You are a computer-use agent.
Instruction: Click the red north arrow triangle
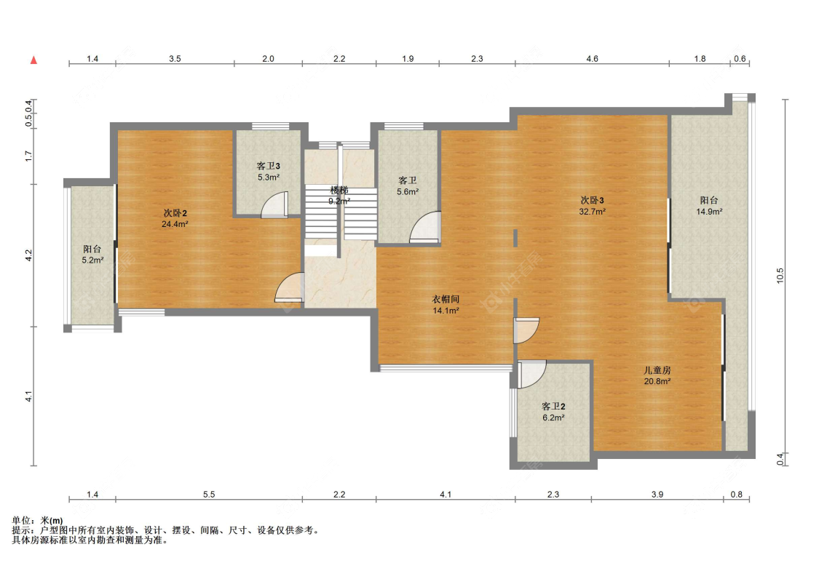point(34,60)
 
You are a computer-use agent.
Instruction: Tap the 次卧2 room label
point(175,213)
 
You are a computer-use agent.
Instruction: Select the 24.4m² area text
point(175,224)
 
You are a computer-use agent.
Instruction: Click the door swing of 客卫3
point(274,204)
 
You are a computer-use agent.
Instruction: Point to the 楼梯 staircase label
point(339,190)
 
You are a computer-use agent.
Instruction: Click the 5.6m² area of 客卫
point(408,192)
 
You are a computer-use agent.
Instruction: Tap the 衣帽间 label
point(446,300)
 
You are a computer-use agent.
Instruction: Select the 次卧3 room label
point(593,200)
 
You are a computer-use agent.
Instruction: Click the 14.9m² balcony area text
point(709,212)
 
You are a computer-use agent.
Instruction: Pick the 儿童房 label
point(657,370)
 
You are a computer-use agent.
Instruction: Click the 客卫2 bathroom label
point(554,407)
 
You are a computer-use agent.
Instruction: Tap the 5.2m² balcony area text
point(92,260)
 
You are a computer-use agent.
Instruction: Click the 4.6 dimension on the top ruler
point(593,59)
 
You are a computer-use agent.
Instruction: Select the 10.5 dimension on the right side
point(780,276)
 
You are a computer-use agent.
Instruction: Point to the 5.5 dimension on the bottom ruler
point(209,494)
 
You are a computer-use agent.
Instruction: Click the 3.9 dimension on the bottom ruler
point(657,494)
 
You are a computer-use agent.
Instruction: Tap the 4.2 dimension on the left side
point(28,255)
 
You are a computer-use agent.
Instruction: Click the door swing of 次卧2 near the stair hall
point(289,287)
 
